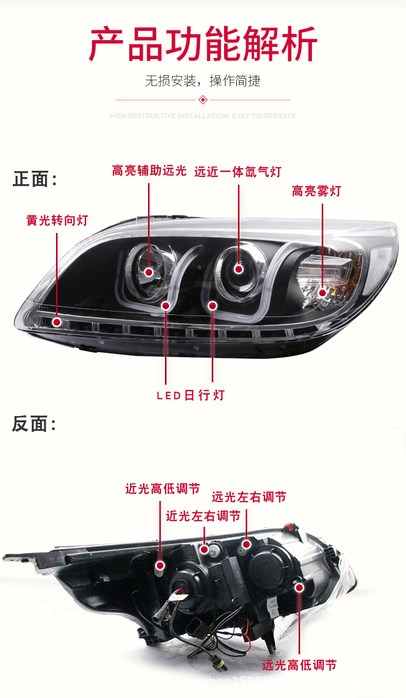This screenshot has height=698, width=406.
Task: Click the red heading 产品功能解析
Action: [203, 44]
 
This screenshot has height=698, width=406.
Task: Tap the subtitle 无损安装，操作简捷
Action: [202, 81]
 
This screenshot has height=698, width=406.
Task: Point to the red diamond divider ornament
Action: [203, 99]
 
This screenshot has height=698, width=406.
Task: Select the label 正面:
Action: [35, 180]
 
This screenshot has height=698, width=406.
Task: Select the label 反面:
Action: [34, 424]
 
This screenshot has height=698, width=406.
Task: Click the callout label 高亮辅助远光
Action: [149, 171]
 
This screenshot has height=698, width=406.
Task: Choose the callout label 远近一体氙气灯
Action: [237, 172]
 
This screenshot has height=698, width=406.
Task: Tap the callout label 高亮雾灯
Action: [316, 191]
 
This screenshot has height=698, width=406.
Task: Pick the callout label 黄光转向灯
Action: [57, 221]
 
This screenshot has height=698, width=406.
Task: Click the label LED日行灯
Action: [191, 395]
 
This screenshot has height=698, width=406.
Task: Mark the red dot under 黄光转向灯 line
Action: [57, 322]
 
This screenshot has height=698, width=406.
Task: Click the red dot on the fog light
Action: [322, 293]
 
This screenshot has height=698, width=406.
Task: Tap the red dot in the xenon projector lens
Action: [238, 269]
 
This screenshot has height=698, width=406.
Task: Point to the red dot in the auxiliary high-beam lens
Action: [149, 272]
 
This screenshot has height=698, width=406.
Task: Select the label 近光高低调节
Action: [162, 489]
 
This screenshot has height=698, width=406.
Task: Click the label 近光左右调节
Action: [203, 516]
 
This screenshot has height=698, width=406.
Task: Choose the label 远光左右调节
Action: [249, 497]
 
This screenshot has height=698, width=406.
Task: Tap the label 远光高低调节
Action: [299, 665]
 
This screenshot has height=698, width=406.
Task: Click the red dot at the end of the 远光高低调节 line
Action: [299, 587]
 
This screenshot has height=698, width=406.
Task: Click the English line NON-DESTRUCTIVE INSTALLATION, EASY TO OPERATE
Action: [202, 116]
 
